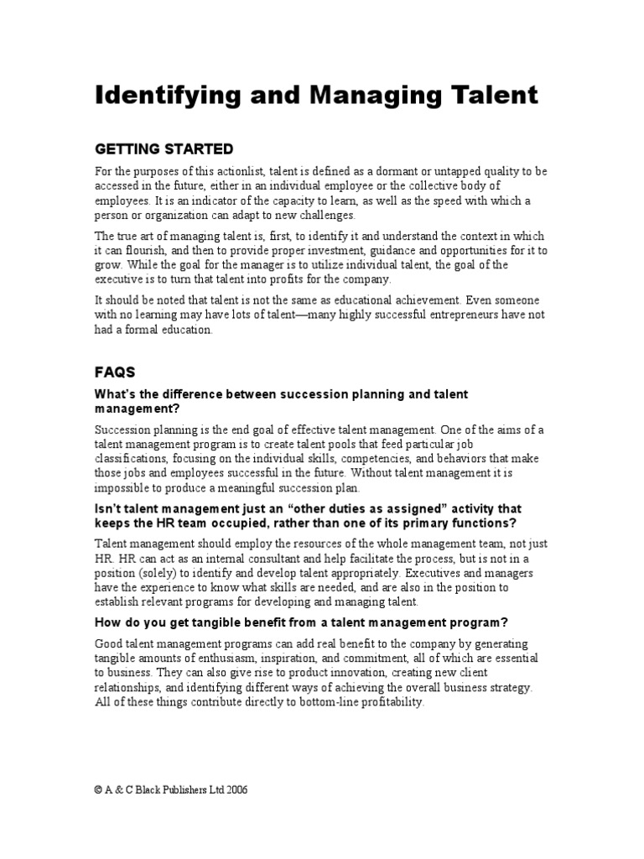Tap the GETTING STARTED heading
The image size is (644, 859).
164,149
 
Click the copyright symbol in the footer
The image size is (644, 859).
97,789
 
